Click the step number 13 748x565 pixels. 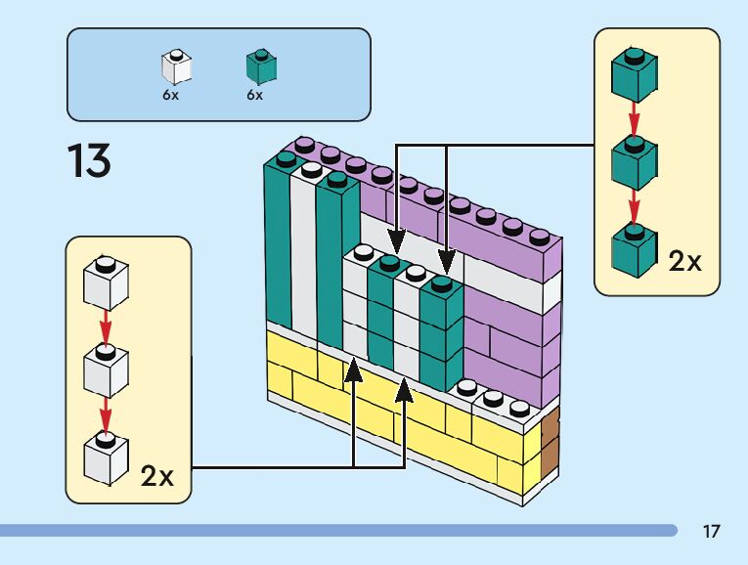tap(89, 160)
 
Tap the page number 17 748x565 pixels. tap(711, 532)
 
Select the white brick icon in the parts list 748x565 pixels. tap(176, 66)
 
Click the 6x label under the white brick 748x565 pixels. tap(171, 95)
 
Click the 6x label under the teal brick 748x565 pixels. tap(255, 95)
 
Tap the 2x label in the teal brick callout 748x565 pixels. tap(684, 261)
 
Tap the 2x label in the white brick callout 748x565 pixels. tap(156, 476)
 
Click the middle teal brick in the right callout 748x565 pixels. tap(633, 162)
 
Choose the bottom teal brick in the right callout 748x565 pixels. tap(633, 250)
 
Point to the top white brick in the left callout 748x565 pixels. tap(107, 283)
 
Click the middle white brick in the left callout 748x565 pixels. tap(107, 370)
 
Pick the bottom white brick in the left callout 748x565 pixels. tap(107, 456)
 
